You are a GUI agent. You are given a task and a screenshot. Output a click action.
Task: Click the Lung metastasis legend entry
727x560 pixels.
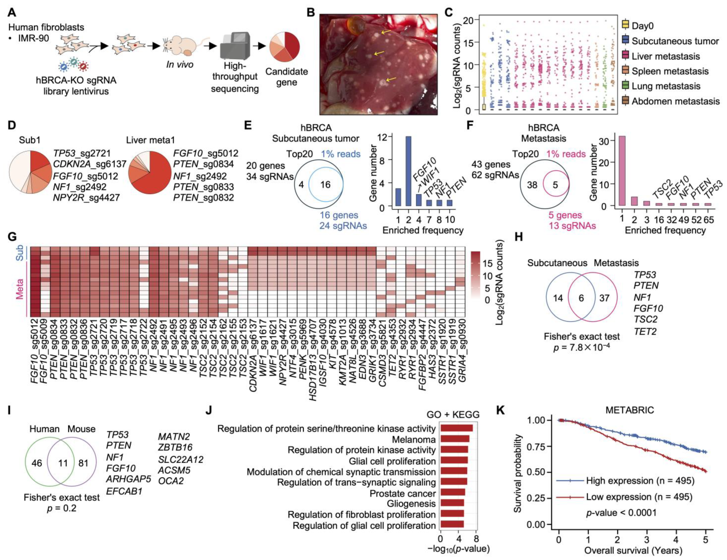(x=666, y=86)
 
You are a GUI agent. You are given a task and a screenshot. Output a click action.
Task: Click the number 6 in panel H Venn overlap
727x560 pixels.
(x=581, y=298)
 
